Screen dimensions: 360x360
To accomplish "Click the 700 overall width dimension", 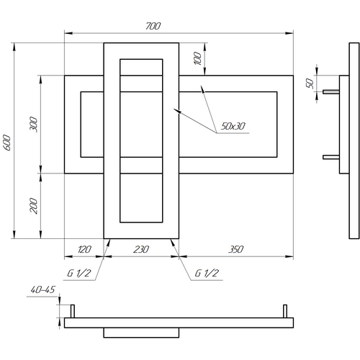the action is coord(153,26).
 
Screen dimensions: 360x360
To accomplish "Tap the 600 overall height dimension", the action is coord(7,143).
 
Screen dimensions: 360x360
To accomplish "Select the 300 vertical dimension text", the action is coord(34,125).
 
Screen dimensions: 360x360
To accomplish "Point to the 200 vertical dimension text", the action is coord(34,206).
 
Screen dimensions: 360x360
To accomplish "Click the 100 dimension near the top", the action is coord(198,58).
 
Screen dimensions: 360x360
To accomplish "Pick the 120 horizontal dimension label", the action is coord(84,250).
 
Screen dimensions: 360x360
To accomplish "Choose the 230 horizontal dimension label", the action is coord(141,250).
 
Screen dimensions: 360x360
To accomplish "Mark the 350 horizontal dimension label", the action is coord(236,250).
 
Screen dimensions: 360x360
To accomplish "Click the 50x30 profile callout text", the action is coord(233,126).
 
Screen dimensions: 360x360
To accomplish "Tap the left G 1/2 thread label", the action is coord(78,273).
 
